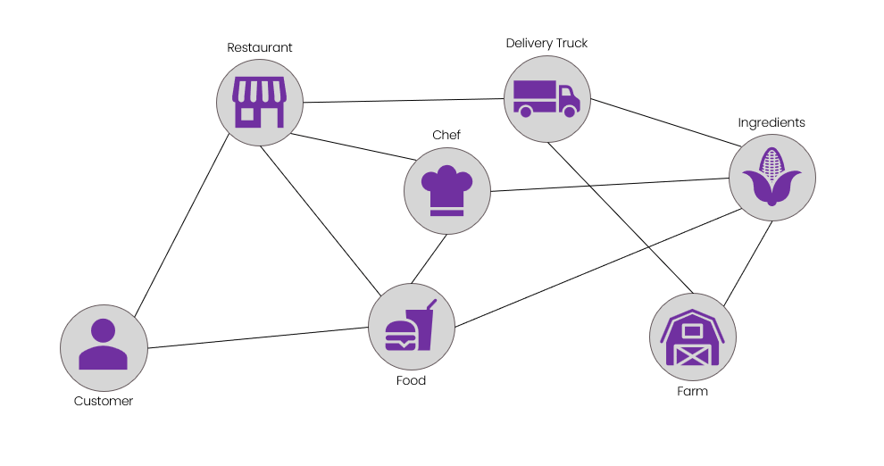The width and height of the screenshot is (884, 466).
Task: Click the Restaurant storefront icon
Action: tap(260, 102)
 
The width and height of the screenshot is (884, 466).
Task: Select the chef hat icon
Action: tap(446, 191)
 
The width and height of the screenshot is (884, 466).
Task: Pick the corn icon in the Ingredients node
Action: tap(771, 177)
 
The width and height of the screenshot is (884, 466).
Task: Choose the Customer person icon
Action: tap(103, 346)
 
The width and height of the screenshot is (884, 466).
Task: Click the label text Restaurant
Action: tap(259, 47)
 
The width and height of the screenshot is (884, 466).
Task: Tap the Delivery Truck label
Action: tap(546, 43)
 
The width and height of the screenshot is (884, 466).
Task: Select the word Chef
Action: tap(446, 135)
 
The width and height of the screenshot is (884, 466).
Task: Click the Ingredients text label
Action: tap(771, 122)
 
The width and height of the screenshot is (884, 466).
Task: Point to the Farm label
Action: tap(692, 391)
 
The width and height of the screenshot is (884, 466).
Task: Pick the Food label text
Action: tap(411, 380)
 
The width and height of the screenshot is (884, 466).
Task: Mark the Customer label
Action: tap(104, 402)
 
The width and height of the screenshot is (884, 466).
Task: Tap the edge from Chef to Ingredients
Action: tap(610, 184)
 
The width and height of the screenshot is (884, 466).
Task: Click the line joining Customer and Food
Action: tap(259, 337)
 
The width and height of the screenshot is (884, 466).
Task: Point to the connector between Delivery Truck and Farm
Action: tap(621, 218)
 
